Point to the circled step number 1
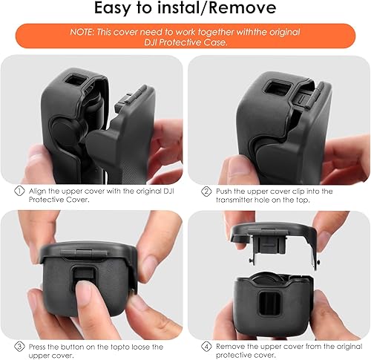pos(19,192)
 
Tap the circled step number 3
pos(19,346)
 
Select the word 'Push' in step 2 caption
pos(225,192)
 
